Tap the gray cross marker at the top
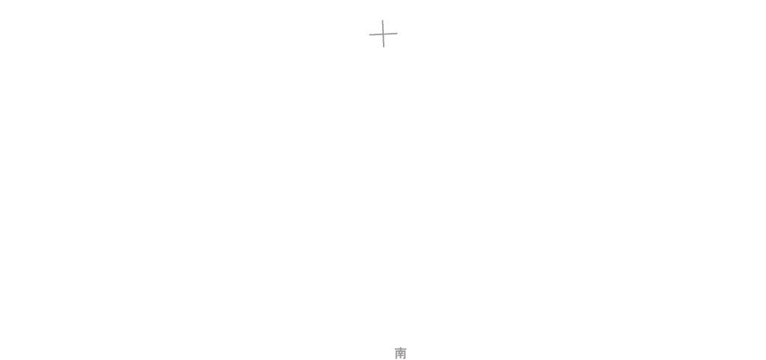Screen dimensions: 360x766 [383, 33]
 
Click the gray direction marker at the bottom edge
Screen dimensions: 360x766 [400, 353]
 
